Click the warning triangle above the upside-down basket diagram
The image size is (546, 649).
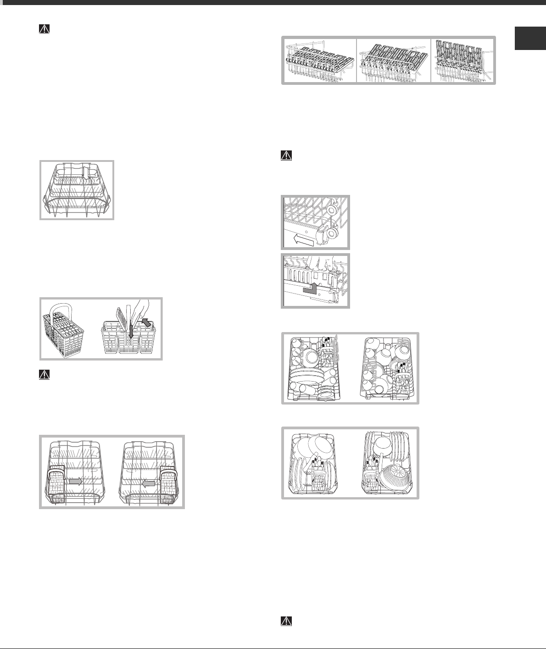(x=44, y=29)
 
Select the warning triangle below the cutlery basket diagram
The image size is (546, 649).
(x=44, y=374)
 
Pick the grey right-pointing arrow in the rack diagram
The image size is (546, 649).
(x=75, y=481)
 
